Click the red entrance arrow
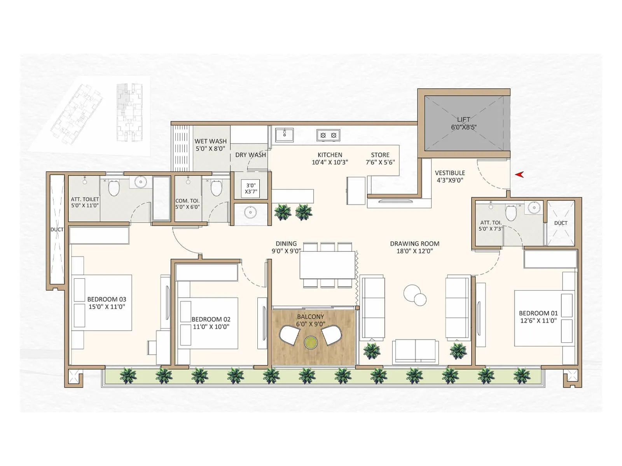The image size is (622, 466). point(519,175)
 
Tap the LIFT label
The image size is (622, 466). point(463,120)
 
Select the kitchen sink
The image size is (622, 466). point(284,135)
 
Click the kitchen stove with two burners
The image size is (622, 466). point(328,135)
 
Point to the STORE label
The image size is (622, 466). point(380,155)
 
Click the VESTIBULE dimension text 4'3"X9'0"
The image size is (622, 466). point(450,180)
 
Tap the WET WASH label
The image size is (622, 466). point(210,141)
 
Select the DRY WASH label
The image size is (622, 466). point(250,155)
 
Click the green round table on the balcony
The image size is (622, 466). point(311,343)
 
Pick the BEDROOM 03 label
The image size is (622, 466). point(107,299)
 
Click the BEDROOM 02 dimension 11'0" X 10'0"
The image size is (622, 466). point(211,327)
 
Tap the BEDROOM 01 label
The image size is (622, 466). point(538,313)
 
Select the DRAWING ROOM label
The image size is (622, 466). point(414,244)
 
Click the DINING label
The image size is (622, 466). point(286,244)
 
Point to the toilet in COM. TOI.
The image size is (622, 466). point(216,188)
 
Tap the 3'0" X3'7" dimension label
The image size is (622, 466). point(251,188)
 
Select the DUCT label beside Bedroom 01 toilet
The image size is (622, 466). point(561,223)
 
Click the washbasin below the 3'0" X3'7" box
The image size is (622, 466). point(250,212)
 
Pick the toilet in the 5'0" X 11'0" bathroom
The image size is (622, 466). point(114,188)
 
